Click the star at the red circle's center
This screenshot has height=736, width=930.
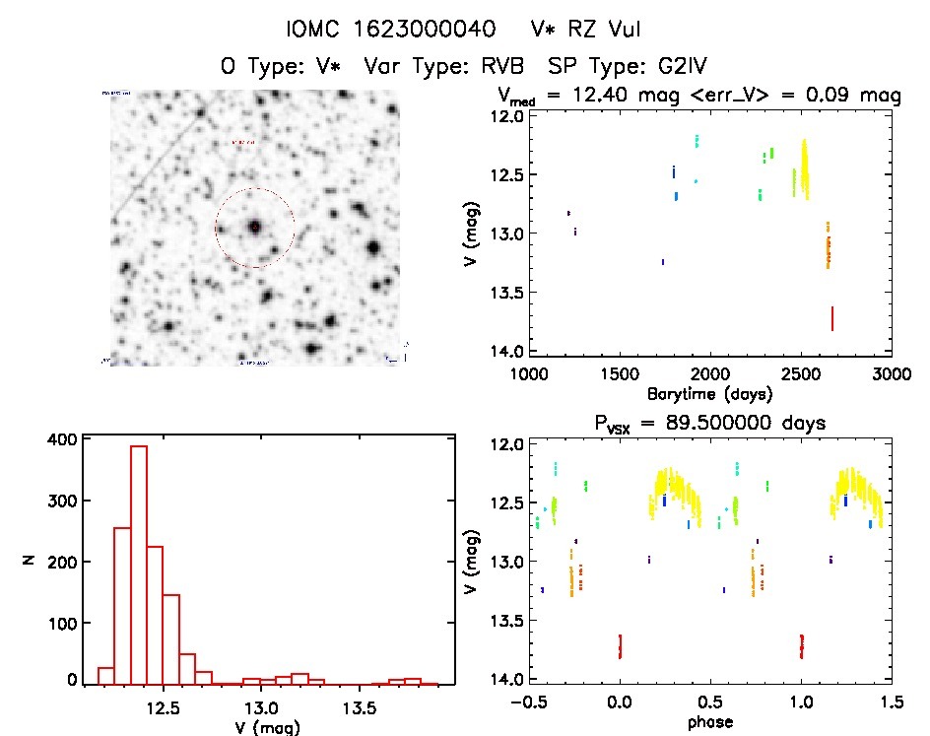coord(255,228)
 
